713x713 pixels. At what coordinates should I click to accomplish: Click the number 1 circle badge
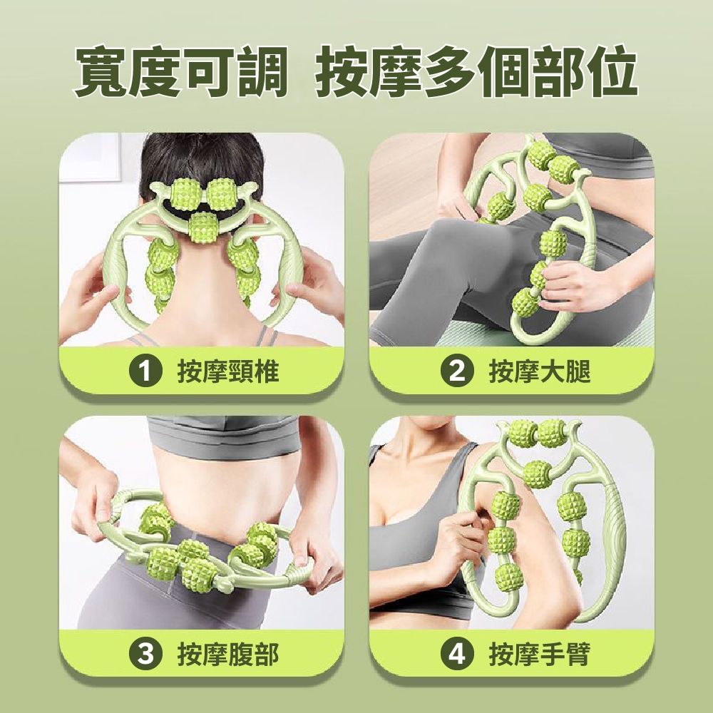[x=145, y=371]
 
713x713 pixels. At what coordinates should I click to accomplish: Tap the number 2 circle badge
[x=457, y=371]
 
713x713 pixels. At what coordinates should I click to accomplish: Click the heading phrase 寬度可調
[x=180, y=72]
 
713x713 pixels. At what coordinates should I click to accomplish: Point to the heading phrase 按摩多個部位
[x=476, y=72]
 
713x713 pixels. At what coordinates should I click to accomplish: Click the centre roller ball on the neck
[x=202, y=227]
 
